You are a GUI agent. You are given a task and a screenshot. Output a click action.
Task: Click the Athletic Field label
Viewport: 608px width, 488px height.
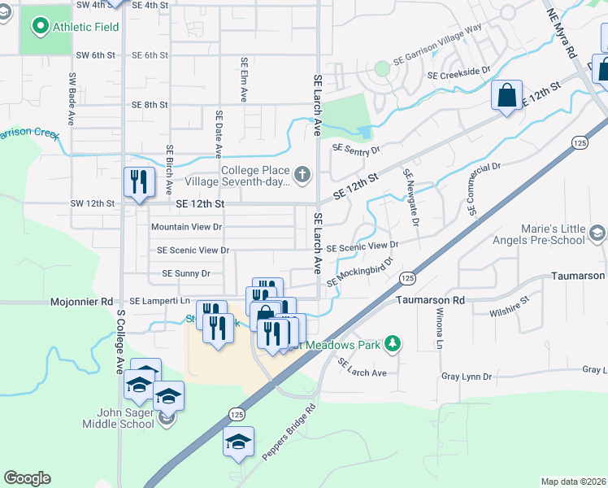pos(85,27)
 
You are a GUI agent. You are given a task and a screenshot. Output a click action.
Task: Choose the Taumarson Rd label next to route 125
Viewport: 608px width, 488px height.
pos(430,300)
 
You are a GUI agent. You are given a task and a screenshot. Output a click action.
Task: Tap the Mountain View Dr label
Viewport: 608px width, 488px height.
pos(186,227)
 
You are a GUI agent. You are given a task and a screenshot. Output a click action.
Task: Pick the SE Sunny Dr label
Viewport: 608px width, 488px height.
pos(186,274)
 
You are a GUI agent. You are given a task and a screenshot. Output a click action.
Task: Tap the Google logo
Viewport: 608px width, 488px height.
pos(27,478)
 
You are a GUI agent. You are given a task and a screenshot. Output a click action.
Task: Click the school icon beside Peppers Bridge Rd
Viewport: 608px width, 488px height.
pos(239,442)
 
